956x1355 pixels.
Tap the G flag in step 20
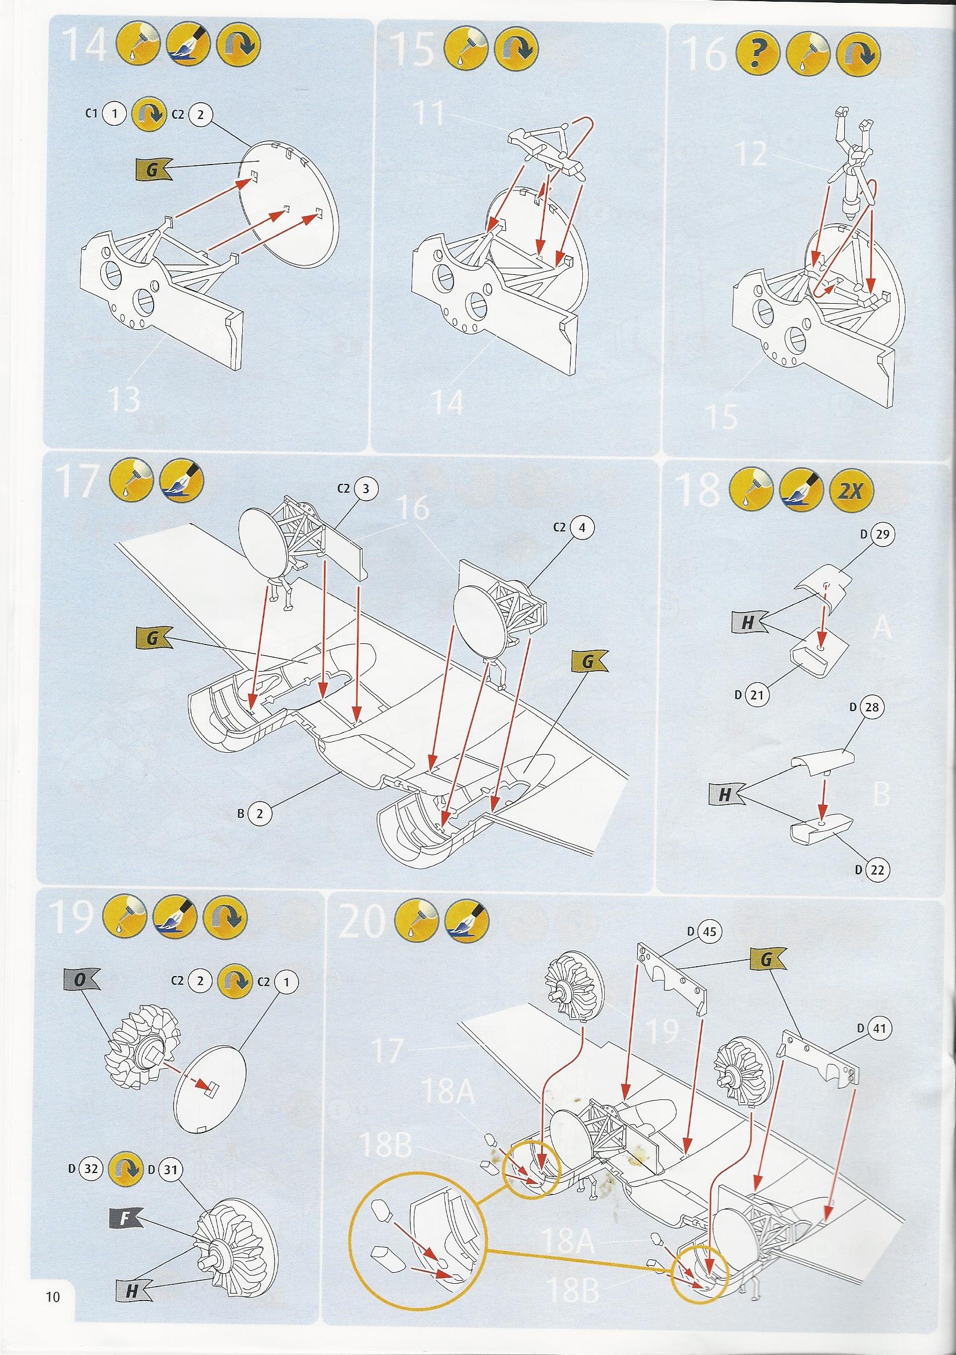point(767,960)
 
